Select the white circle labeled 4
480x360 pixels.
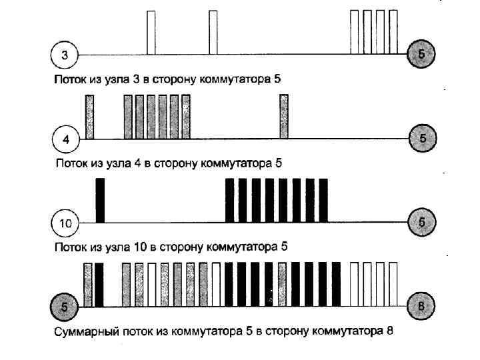[x=65, y=139]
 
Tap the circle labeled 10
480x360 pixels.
[x=65, y=223]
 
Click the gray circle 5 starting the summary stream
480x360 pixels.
[x=65, y=307]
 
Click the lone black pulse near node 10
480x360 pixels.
[x=101, y=200]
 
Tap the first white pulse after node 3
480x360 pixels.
[x=151, y=32]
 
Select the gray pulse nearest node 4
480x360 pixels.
[x=89, y=117]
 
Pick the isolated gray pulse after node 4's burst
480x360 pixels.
[x=283, y=117]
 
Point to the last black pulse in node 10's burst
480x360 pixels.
[x=323, y=200]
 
